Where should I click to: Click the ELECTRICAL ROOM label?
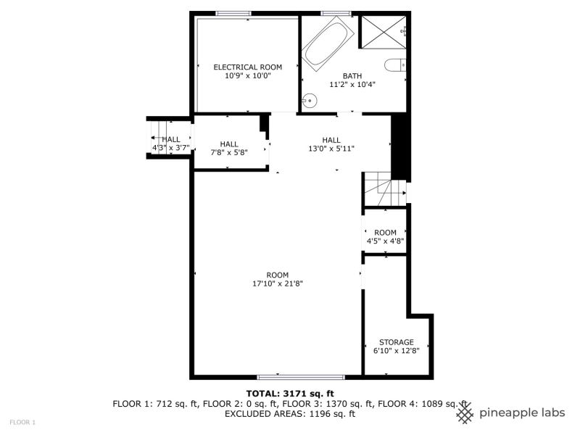248,67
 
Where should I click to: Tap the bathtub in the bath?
328,44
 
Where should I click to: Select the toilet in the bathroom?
395,65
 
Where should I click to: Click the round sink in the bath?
310,100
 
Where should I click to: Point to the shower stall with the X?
384,32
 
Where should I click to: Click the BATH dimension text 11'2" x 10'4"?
352,85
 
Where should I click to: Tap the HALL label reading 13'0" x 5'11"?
331,144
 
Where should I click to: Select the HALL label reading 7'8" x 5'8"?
229,148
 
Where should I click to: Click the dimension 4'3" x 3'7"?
171,149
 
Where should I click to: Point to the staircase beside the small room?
385,189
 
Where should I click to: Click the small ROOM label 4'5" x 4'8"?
385,237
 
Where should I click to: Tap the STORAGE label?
396,342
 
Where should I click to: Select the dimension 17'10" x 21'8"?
278,284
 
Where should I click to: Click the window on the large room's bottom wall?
301,377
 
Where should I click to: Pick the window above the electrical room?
233,14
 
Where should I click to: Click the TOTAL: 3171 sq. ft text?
290,394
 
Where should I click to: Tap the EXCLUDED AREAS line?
290,414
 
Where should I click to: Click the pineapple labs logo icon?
465,413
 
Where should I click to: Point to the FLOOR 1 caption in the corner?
22,422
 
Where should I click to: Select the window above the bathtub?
336,14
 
